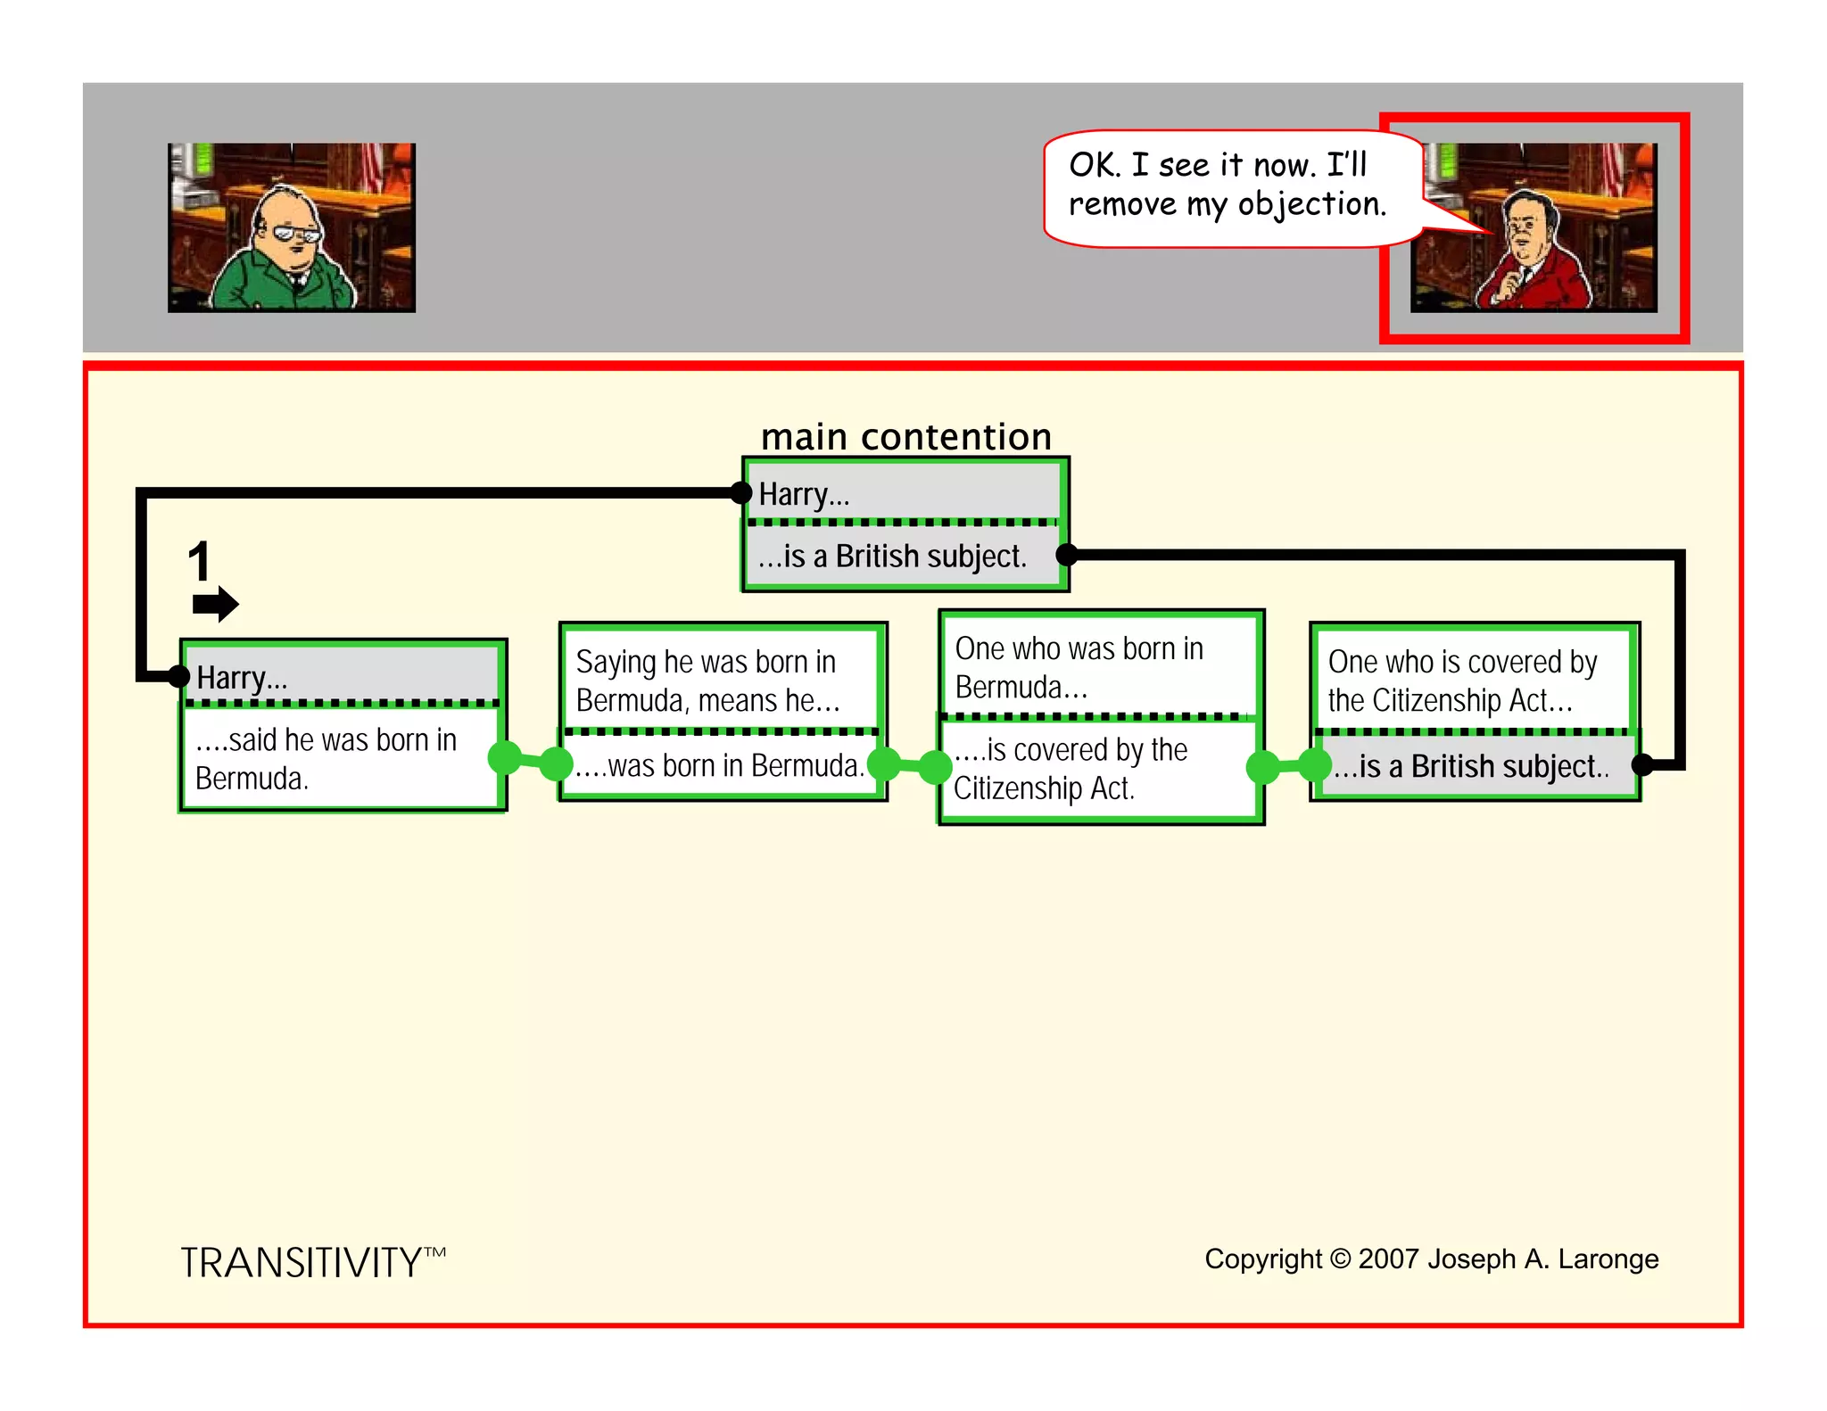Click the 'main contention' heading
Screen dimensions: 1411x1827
click(x=905, y=437)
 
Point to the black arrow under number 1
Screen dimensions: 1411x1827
click(x=215, y=604)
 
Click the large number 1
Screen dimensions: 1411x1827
click(x=199, y=562)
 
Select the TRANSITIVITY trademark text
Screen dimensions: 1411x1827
click(x=312, y=1262)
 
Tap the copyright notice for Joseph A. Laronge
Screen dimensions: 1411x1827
click(x=1431, y=1258)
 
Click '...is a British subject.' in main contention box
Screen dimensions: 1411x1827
click(x=892, y=557)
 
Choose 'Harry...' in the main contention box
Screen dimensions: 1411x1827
click(x=804, y=494)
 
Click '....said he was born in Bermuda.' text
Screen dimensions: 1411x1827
click(x=326, y=759)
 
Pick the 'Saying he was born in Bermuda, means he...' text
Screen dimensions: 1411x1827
click(x=707, y=681)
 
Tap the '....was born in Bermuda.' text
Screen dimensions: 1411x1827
click(x=719, y=766)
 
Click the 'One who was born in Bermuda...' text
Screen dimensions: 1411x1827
click(x=1079, y=668)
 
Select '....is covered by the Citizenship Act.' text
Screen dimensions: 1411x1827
click(x=1070, y=769)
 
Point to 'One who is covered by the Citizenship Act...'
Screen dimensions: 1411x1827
click(x=1462, y=681)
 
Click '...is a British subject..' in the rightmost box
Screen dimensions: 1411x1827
click(x=1471, y=767)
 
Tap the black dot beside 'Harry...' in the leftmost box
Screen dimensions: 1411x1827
click(x=179, y=676)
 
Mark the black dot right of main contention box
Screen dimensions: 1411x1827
click(x=1067, y=555)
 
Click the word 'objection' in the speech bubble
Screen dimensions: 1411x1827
click(x=1311, y=205)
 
